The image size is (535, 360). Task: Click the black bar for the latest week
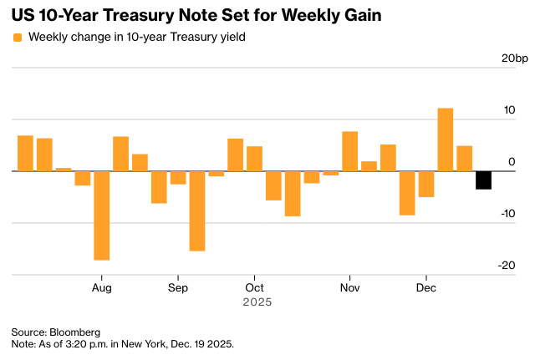click(483, 180)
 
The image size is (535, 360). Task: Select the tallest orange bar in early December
click(446, 139)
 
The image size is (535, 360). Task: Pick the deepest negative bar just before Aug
click(102, 215)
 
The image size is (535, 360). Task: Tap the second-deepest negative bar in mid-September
click(197, 210)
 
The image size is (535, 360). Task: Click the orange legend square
click(18, 37)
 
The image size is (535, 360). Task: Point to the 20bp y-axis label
click(514, 58)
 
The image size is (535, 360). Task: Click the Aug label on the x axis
click(102, 287)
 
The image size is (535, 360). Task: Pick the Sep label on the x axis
click(178, 287)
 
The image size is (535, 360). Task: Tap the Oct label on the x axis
click(254, 287)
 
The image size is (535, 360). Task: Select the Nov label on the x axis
click(350, 287)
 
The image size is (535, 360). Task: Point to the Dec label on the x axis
click(426, 287)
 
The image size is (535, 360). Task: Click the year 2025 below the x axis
click(257, 302)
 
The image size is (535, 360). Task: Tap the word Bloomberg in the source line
click(75, 332)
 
